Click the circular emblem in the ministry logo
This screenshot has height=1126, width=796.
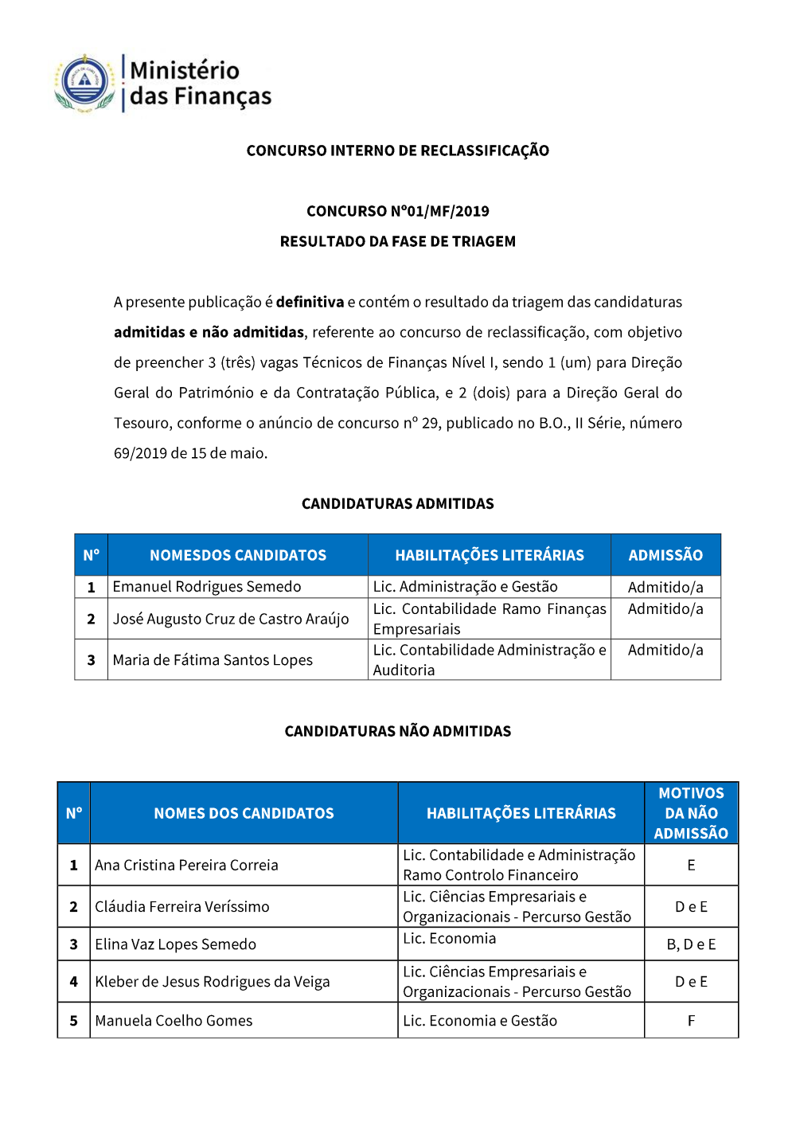[x=84, y=82]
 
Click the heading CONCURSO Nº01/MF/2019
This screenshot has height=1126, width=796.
[x=397, y=211]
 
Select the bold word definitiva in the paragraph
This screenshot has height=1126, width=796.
[x=310, y=302]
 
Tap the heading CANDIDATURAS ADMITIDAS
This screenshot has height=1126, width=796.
[x=397, y=503]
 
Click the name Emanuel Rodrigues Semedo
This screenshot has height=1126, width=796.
[x=207, y=587]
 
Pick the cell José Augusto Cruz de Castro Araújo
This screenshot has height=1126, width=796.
[x=231, y=619]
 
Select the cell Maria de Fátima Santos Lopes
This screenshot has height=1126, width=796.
[x=213, y=660]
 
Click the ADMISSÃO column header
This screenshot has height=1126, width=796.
[x=665, y=555]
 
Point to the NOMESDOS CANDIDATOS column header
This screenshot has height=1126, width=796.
[x=238, y=555]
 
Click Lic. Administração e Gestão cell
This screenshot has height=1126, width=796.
[x=465, y=587]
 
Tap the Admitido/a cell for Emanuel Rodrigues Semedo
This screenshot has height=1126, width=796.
[x=665, y=588]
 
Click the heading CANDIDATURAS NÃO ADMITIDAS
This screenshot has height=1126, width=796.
[x=397, y=731]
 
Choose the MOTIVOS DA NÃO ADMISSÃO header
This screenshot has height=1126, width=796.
[x=691, y=813]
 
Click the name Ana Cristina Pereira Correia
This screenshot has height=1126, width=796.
[x=186, y=865]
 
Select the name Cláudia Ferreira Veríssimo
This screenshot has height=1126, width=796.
[x=182, y=906]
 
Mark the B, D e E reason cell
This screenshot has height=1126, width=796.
[x=691, y=944]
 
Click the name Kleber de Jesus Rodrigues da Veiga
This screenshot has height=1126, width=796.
[x=212, y=982]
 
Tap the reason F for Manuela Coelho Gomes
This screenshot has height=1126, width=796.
[x=691, y=1021]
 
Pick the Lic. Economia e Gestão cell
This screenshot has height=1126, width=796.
[x=480, y=1021]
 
